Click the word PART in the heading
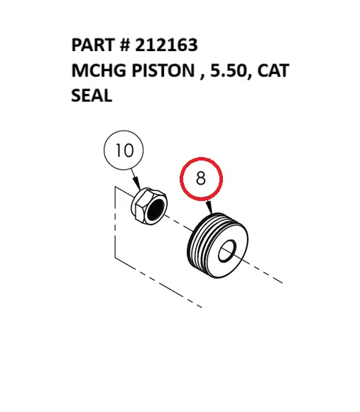point(93,45)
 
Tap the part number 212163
point(166,45)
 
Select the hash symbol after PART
point(125,45)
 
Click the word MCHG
point(99,70)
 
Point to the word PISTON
point(163,70)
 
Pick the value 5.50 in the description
point(231,71)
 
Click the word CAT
point(273,70)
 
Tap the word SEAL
point(92,95)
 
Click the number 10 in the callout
point(124,151)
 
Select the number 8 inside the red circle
point(201,178)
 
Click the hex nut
point(149,206)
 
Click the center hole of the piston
point(227,251)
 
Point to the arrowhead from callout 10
point(136,183)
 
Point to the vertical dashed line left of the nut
point(115,222)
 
